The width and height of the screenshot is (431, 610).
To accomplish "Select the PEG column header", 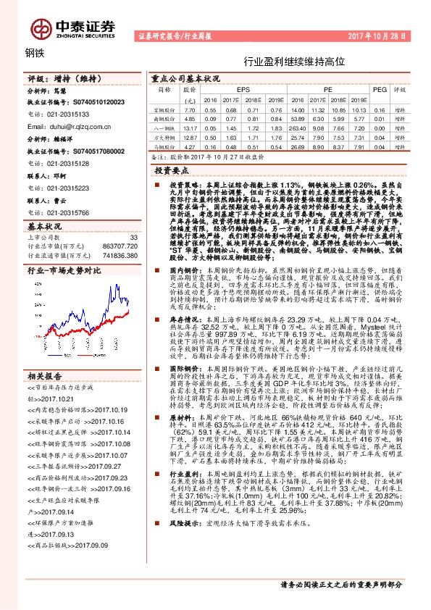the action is coord(380,90).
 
